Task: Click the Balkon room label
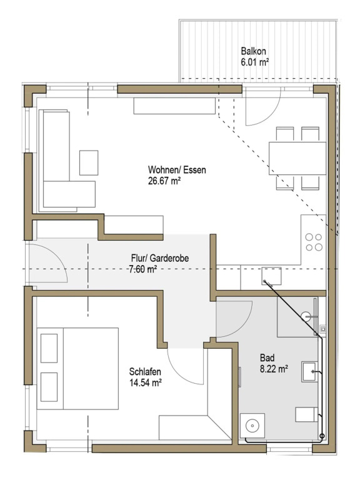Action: [253, 51]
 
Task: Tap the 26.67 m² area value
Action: [164, 181]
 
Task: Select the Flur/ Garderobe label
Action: [160, 258]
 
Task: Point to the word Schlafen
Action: [145, 372]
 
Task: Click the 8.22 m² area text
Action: [274, 369]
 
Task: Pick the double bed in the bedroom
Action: [77, 369]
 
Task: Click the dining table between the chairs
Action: [297, 158]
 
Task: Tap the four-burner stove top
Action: [314, 242]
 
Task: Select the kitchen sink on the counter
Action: [271, 276]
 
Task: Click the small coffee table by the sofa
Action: [89, 163]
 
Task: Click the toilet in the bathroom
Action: [306, 414]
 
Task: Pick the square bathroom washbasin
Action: [309, 371]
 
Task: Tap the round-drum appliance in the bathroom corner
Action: [252, 426]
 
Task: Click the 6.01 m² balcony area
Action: [255, 62]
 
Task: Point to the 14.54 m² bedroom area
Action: [146, 383]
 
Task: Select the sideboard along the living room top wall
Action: [174, 106]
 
